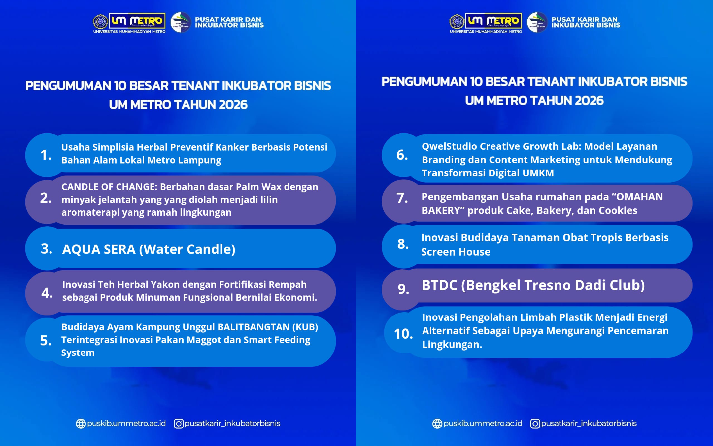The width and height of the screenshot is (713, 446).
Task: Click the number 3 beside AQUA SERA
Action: pos(46,249)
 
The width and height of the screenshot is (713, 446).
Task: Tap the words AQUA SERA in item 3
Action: pos(99,249)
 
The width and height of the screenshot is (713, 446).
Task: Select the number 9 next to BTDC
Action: pos(403,289)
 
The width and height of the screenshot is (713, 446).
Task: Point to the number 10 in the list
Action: pos(403,334)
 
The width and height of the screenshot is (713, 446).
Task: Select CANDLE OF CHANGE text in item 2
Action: pos(109,187)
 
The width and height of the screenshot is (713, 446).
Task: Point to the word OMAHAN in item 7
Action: pos(639,197)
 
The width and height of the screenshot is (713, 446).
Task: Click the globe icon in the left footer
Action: pos(81,424)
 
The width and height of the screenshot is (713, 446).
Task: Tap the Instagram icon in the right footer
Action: pos(535,424)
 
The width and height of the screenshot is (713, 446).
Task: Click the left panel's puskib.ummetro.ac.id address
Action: pos(126,423)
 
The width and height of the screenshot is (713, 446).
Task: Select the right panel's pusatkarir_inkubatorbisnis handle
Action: pos(589,423)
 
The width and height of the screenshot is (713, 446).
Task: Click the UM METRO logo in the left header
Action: pos(137,21)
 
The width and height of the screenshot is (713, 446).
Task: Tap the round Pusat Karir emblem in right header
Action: pos(537,22)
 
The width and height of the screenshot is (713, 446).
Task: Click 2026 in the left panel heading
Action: pos(233,105)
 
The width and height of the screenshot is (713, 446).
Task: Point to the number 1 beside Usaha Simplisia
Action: pos(46,155)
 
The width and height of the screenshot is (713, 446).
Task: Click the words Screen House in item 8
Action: pos(456,252)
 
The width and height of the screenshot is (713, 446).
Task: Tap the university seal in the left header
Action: pos(100,22)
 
